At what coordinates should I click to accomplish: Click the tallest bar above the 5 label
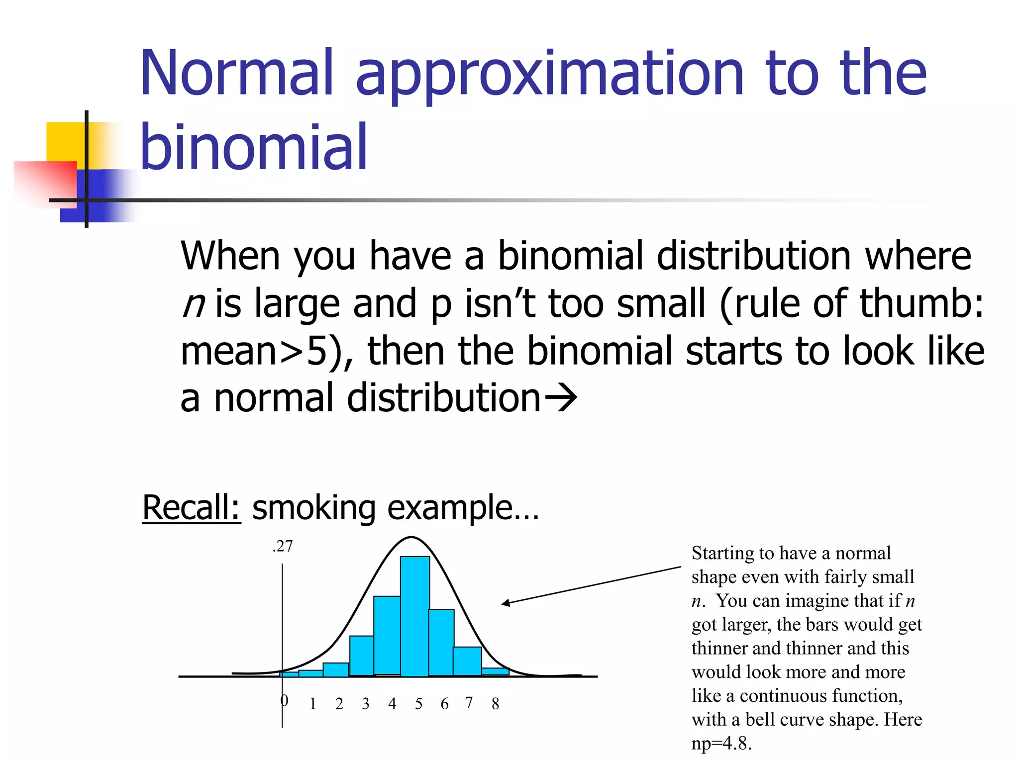pos(414,617)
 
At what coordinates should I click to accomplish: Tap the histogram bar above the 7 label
pos(467,661)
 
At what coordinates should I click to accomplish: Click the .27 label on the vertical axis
pos(283,546)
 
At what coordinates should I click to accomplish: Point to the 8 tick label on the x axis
pos(495,703)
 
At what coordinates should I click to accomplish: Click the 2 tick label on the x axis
pos(339,703)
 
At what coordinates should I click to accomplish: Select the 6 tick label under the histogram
pos(444,703)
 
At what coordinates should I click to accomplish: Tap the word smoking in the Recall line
pos(313,508)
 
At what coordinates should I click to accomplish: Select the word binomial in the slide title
pos(254,147)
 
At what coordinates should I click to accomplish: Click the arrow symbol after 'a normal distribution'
pos(560,397)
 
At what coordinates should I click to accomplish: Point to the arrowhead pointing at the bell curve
pos(505,603)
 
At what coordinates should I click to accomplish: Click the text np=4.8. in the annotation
pos(721,743)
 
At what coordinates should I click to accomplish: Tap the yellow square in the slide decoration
pos(65,142)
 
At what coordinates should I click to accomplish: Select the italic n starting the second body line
pos(193,303)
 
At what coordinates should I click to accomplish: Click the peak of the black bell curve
pos(411,537)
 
